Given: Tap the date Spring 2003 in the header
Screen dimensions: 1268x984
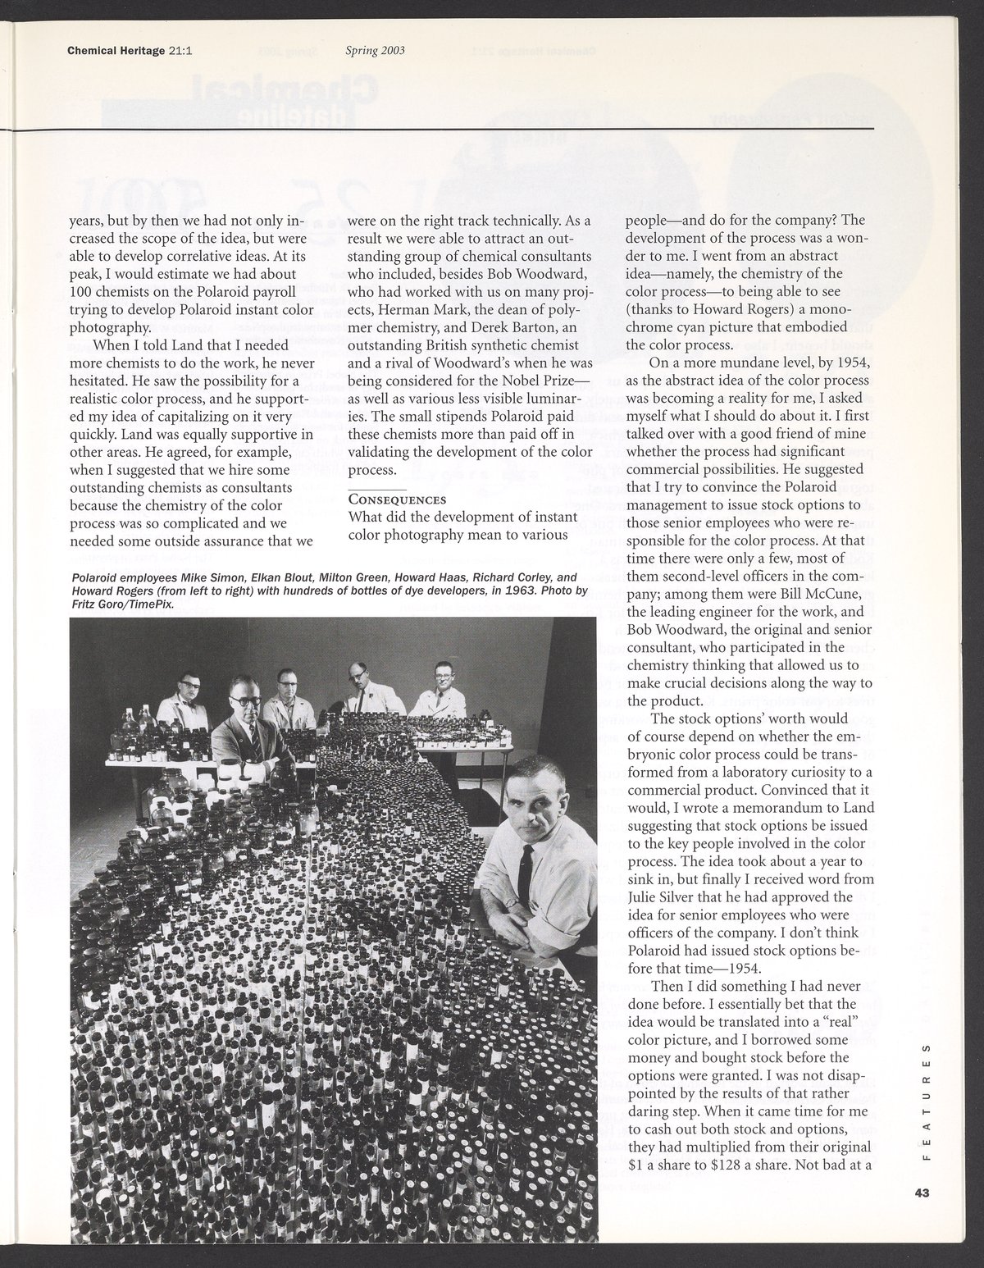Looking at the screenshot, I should click(x=376, y=51).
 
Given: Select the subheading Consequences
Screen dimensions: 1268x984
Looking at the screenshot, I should click(x=397, y=499).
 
